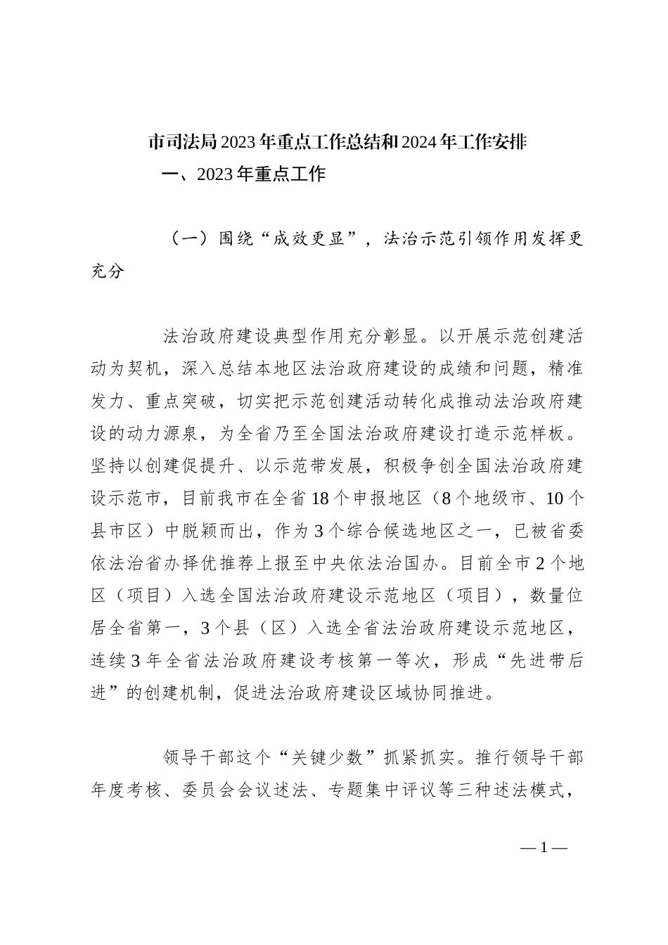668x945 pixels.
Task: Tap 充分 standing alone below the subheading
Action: pyautogui.click(x=108, y=271)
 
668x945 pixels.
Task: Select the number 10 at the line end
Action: pyautogui.click(x=555, y=499)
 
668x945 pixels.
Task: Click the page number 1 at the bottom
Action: pyautogui.click(x=544, y=847)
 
